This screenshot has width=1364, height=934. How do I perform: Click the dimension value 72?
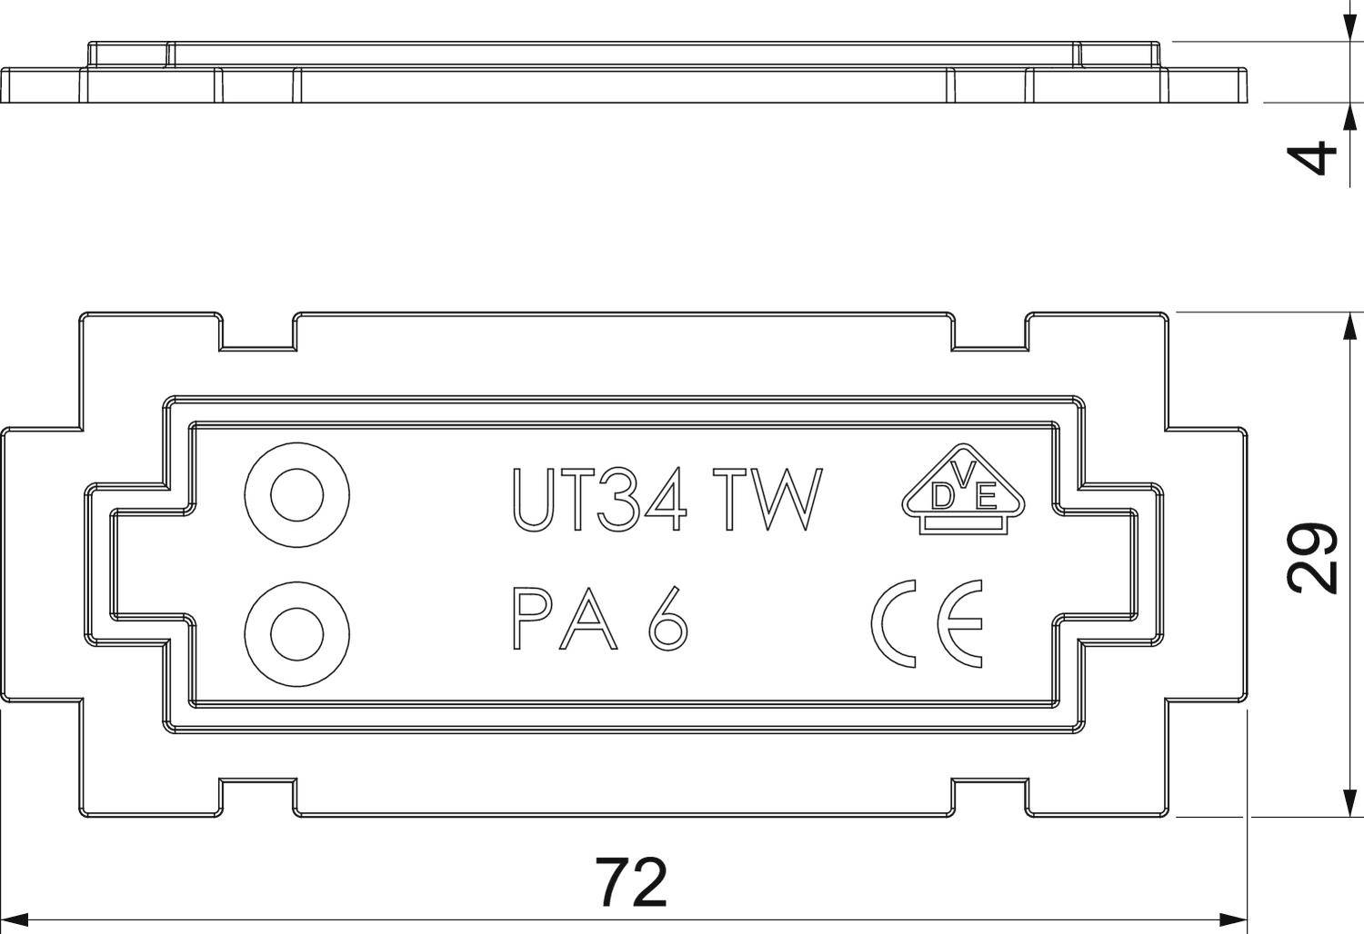point(631,882)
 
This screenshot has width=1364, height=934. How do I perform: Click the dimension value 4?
point(1316,157)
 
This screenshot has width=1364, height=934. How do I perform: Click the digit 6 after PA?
point(668,620)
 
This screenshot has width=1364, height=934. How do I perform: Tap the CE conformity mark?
point(927,623)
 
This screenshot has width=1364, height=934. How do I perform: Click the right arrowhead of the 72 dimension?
point(1237,919)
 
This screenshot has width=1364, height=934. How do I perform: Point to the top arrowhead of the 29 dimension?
point(1345,323)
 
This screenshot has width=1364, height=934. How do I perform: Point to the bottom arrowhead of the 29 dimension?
point(1345,806)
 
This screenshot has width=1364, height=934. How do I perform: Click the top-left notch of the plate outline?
point(259,333)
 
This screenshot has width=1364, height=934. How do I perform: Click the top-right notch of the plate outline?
point(990,333)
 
